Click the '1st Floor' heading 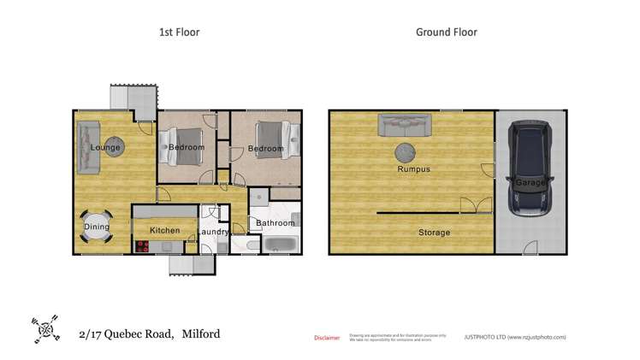point(179,32)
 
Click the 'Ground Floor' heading point(446,32)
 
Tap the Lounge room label point(105,148)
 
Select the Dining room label point(97,227)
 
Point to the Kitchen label point(165,230)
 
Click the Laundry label point(213,232)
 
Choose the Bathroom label point(275,223)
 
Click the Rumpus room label point(413,169)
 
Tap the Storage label point(434,233)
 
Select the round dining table point(97,227)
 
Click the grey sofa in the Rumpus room point(405,126)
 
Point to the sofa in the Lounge point(86,148)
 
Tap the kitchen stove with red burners point(142,247)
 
